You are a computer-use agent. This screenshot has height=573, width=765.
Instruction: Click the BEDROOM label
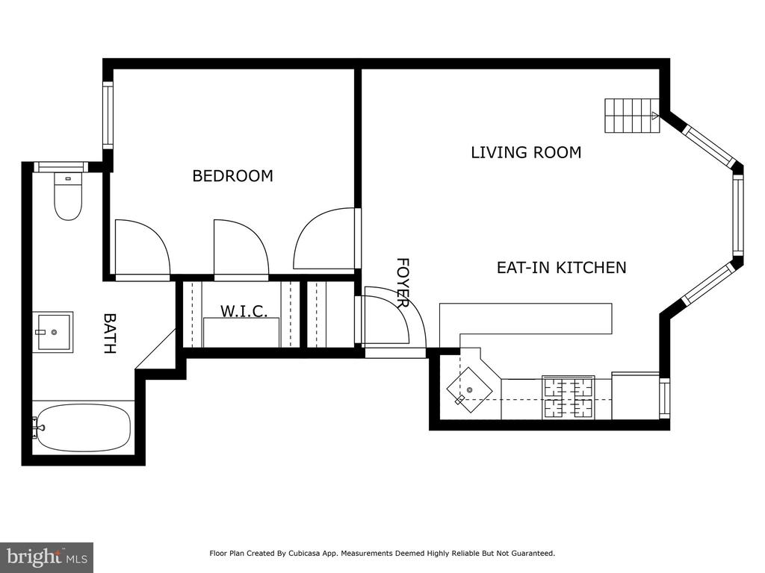point(233,176)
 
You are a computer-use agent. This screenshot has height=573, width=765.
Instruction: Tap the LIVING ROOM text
point(526,152)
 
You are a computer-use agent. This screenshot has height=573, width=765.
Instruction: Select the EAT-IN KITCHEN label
point(562,268)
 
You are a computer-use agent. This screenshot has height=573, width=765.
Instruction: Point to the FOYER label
point(403,283)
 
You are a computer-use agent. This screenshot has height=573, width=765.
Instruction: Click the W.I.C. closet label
point(244,311)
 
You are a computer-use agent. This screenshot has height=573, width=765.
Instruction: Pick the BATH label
point(110,334)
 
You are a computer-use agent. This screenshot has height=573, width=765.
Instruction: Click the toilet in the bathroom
point(68,196)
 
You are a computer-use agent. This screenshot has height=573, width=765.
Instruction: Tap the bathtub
point(82,428)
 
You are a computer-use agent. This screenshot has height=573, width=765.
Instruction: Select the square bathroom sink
point(54,332)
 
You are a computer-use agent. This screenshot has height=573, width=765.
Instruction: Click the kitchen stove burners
point(569,397)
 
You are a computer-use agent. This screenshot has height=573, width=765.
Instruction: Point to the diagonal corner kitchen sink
point(469,389)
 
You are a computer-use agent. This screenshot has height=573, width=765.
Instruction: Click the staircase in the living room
point(632,116)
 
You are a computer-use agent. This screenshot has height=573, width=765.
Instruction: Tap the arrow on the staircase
point(654,116)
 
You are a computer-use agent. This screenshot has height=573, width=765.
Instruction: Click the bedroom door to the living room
point(324,239)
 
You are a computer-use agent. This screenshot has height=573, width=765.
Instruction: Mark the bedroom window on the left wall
point(108,115)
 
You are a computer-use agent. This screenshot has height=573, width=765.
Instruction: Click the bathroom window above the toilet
point(61,166)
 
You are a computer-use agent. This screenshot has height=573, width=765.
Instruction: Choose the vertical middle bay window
point(737,216)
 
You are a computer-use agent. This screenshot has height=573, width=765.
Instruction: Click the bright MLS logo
point(47,557)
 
